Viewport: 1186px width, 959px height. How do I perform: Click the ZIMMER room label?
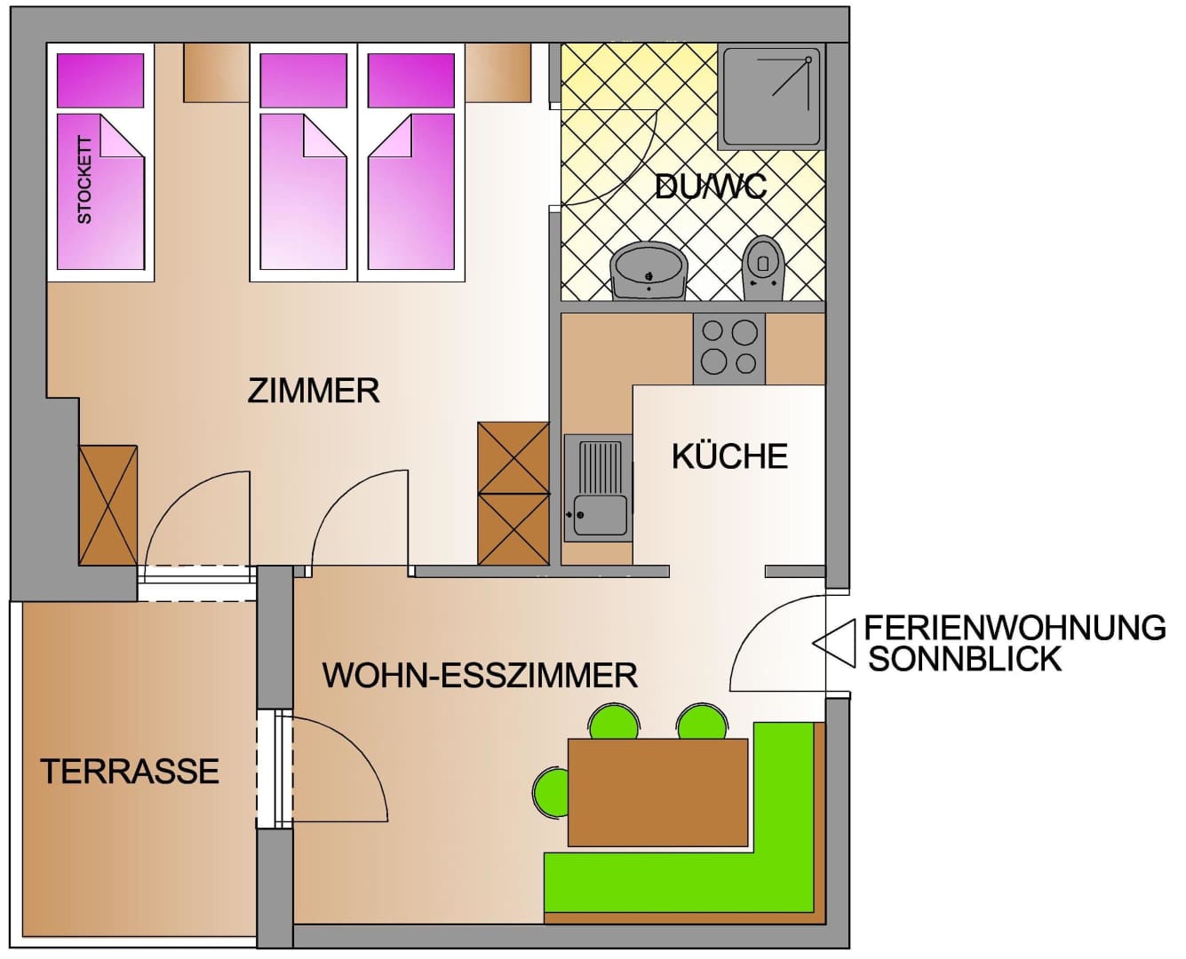(313, 391)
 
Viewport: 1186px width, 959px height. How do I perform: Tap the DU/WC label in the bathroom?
(711, 187)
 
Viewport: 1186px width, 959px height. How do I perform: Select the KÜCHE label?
(729, 456)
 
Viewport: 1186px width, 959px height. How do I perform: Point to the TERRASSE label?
(130, 772)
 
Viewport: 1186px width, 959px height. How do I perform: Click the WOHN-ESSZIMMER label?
(480, 675)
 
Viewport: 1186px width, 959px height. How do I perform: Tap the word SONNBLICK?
(965, 660)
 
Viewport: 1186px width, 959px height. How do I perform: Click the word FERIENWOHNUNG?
(1015, 628)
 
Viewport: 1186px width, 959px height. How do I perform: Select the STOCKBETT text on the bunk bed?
(84, 179)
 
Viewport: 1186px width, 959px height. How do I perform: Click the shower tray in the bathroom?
(770, 98)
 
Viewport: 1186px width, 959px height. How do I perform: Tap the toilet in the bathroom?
(763, 268)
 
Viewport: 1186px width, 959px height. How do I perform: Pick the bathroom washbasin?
(649, 271)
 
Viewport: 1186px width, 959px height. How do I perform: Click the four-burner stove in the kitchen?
(728, 348)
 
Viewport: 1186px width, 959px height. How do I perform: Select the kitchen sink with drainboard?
(598, 488)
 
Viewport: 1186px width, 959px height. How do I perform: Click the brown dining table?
(657, 793)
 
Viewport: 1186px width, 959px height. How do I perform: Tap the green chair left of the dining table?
(550, 793)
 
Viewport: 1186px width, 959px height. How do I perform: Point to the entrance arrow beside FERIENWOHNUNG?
(833, 644)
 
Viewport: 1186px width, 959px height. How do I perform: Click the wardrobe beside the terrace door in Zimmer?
(108, 505)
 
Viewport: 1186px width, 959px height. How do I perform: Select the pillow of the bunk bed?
(100, 81)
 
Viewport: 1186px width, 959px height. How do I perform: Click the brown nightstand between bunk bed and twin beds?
(217, 73)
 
